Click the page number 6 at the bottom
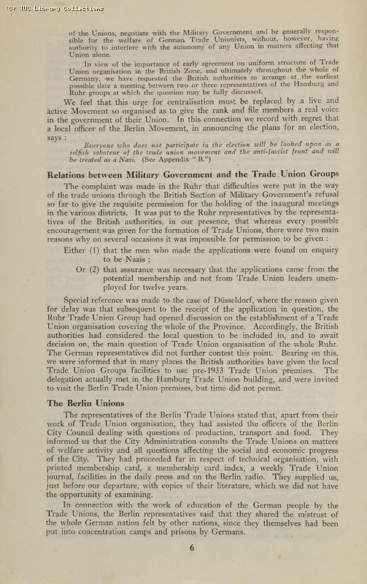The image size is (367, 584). point(192,548)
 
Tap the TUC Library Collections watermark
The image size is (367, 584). point(53,8)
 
